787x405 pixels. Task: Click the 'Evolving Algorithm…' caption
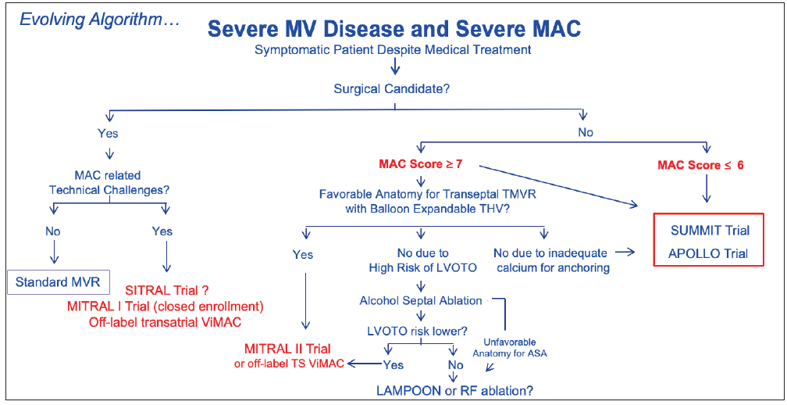point(99,18)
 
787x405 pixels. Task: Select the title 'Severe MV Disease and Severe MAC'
point(393,30)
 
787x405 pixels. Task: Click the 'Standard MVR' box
point(58,281)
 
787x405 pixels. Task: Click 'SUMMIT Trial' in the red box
point(710,230)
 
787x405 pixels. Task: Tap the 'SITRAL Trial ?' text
point(168,290)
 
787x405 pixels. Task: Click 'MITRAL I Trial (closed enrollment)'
point(166,305)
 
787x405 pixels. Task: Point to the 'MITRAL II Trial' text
point(287,349)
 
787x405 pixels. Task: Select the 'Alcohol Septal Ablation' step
point(421,300)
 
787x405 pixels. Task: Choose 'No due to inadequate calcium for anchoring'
point(550,260)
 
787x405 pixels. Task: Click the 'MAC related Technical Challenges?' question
point(109,182)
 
